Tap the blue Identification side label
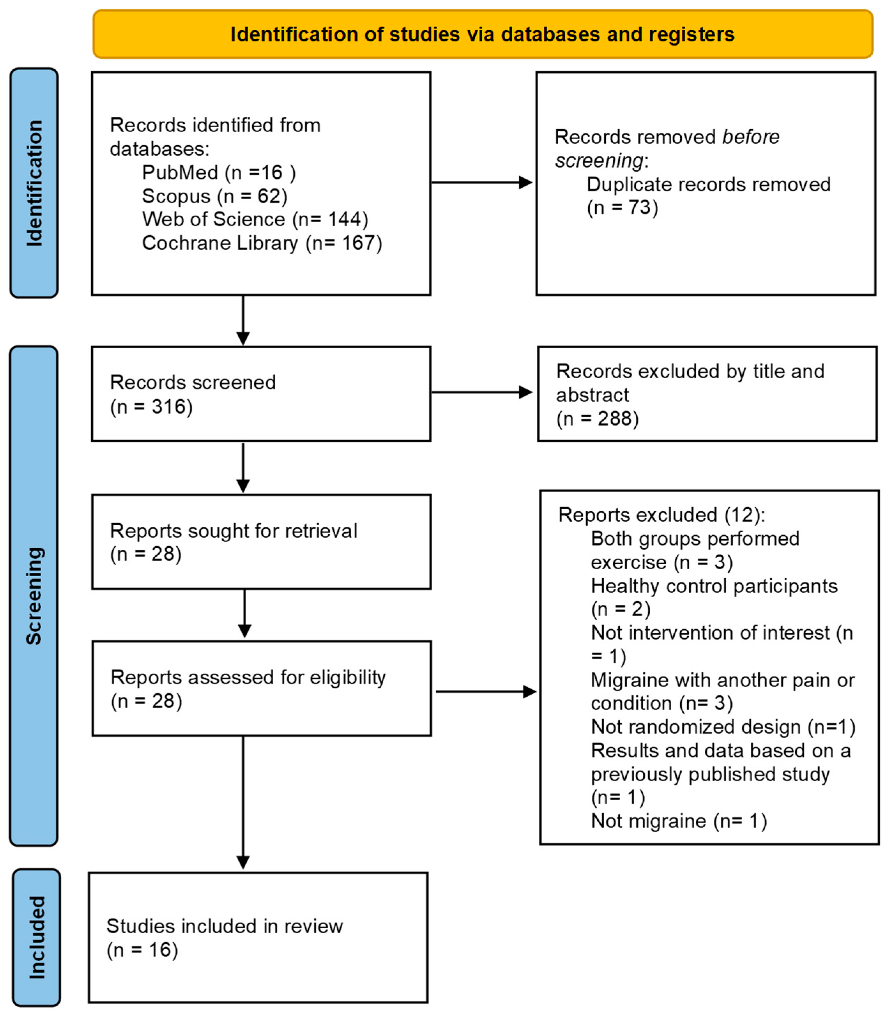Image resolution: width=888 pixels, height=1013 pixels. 34,183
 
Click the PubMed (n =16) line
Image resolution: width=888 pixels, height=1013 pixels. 219,172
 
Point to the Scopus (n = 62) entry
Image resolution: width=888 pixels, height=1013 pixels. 215,196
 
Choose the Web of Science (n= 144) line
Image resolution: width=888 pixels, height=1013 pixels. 255,219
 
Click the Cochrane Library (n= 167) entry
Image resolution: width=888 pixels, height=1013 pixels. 262,243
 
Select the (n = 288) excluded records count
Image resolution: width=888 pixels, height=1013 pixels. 597,419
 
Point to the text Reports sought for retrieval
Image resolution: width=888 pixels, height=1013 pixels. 234,531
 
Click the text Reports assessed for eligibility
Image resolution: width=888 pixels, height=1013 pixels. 248,677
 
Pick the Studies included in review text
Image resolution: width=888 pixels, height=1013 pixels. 224,926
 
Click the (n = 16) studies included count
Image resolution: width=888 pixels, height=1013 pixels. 142,950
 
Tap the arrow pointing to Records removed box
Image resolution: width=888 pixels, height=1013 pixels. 482,182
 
